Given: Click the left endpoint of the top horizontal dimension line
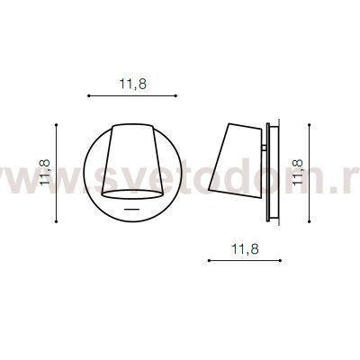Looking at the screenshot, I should tap(88, 94).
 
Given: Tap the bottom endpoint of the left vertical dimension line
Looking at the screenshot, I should tap(58, 218).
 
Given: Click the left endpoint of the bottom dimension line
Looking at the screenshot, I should tap(208, 260).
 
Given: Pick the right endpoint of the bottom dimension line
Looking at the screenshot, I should tap(284, 260).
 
